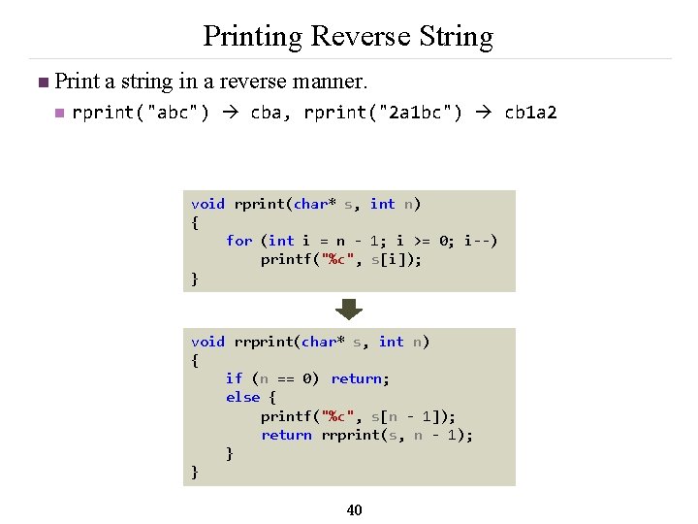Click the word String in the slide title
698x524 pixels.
point(455,37)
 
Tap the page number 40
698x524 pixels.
point(354,509)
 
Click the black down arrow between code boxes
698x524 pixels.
point(349,310)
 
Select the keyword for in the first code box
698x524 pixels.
point(238,241)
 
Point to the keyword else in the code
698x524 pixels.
point(242,397)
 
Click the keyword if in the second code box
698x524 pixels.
point(234,378)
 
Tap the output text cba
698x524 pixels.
point(268,113)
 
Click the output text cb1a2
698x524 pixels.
point(530,113)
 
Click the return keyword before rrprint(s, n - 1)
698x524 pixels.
point(286,435)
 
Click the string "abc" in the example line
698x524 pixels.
point(173,113)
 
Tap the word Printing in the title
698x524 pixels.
point(252,37)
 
